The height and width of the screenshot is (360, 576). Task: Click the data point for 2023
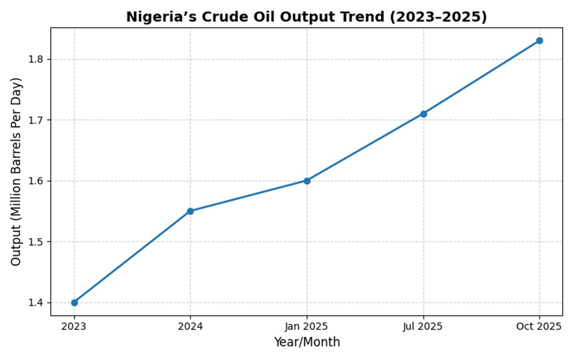[74, 302]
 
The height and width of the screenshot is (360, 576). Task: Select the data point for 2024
[190, 211]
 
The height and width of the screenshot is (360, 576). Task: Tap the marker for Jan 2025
[307, 181]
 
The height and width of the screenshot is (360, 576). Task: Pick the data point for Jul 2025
[423, 114]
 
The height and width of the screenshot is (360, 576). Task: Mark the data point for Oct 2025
[540, 41]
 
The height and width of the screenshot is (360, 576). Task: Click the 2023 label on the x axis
[74, 326]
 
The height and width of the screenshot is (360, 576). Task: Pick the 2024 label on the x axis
[190, 326]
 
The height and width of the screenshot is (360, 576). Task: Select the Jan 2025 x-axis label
[307, 326]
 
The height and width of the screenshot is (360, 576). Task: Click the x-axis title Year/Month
[307, 342]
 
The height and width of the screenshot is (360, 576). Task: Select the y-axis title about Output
[17, 172]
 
